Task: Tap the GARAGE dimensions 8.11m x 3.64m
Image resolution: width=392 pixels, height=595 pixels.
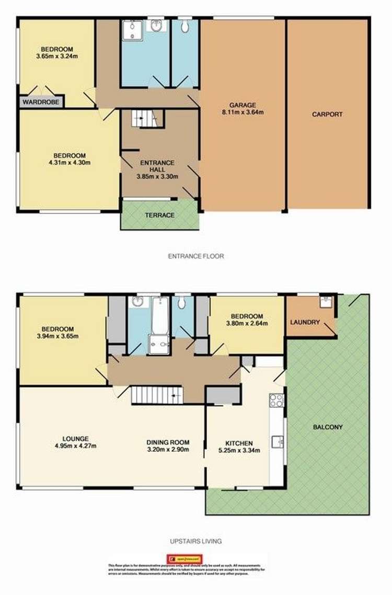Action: tap(243, 112)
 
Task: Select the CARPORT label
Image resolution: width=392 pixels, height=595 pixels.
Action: tap(327, 114)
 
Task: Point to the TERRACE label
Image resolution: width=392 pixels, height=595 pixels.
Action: tap(160, 215)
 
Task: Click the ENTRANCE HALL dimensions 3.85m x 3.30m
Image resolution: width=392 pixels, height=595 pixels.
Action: tap(157, 177)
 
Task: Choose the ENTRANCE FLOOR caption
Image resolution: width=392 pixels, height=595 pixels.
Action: tap(195, 256)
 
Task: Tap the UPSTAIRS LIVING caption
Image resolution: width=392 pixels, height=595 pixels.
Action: tap(195, 541)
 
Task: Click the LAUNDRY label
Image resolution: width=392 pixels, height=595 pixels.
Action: tap(305, 322)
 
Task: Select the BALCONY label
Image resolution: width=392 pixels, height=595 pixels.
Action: tap(328, 427)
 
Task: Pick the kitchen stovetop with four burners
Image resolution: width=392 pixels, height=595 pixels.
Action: tap(276, 400)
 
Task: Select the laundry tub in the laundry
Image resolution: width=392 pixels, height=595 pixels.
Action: tap(325, 303)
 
